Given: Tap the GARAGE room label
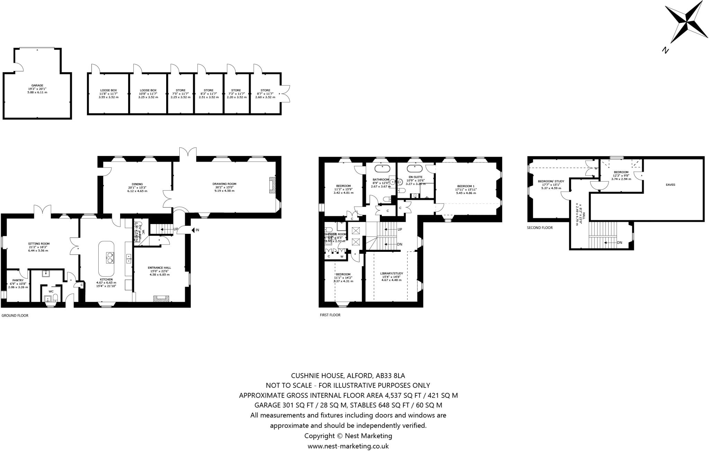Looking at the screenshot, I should [37, 85].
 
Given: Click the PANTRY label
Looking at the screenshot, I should [18, 280].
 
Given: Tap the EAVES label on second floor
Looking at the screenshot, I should [670, 185].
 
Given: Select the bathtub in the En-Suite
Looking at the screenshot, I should [414, 169].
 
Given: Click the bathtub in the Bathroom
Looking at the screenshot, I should [382, 169].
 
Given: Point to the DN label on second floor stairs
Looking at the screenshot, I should [619, 242].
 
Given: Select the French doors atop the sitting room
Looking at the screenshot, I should [43, 210].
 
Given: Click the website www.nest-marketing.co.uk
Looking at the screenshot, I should [348, 446].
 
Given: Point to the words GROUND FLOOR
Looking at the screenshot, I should [15, 316].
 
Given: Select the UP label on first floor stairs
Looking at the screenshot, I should [400, 229].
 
